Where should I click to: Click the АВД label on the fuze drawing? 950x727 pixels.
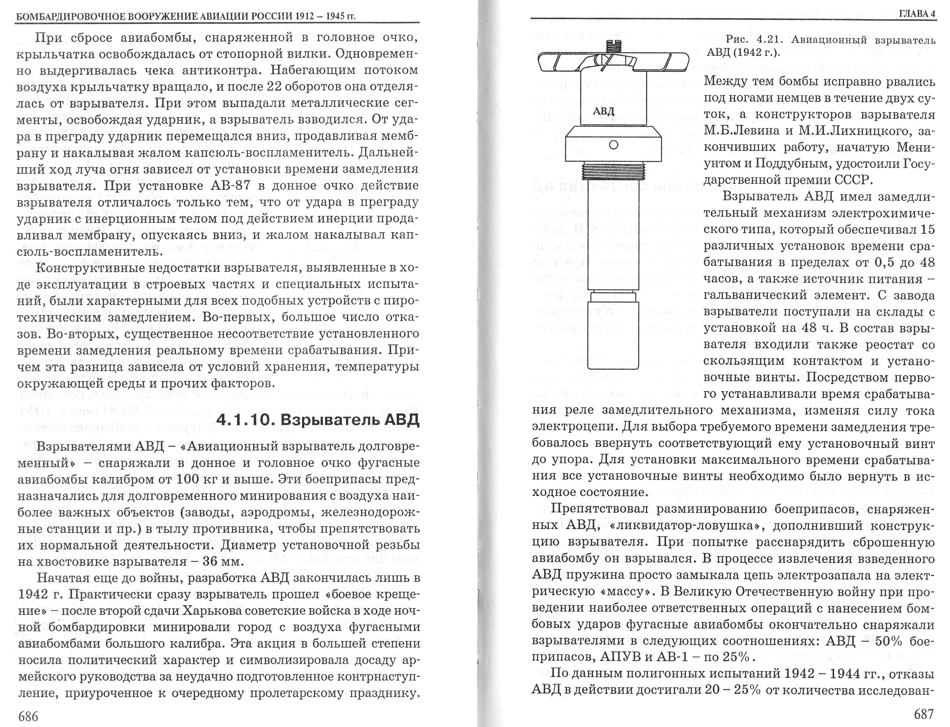tap(603, 111)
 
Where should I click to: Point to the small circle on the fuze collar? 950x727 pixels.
tap(613, 144)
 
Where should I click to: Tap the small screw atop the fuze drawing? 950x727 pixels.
tap(613, 44)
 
